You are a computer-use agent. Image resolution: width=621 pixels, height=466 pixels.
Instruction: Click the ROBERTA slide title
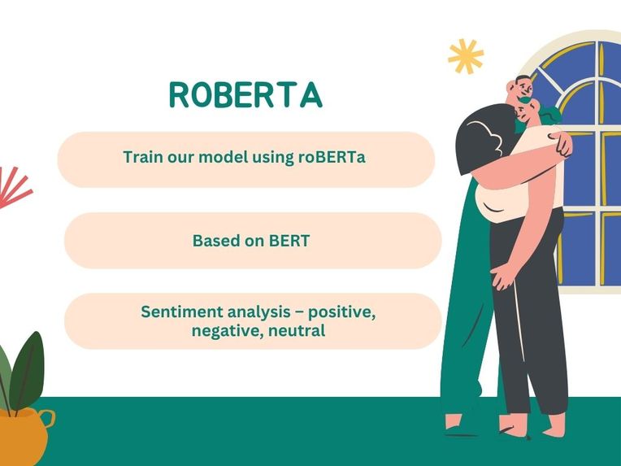point(245,94)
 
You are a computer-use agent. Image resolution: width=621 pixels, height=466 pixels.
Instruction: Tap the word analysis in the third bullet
point(258,312)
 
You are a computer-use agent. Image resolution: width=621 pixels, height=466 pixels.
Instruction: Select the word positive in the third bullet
point(341,312)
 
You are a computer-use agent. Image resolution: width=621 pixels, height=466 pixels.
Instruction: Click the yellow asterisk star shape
point(466,56)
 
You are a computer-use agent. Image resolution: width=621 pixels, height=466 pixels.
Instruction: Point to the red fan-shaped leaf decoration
point(12,187)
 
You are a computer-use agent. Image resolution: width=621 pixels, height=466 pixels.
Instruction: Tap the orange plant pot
point(23,436)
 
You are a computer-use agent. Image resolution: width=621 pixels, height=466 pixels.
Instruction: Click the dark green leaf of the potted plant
point(28,371)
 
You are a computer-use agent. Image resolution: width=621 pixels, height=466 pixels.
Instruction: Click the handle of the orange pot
point(48,419)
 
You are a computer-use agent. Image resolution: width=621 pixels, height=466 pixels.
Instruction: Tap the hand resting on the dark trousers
point(505,276)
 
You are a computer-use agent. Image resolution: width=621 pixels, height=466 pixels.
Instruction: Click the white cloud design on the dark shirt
point(486,137)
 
